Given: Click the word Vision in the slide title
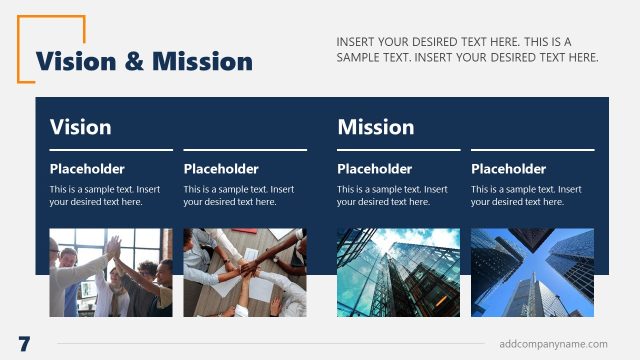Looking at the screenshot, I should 73,62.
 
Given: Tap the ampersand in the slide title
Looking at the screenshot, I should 135,62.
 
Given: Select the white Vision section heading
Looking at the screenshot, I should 80,127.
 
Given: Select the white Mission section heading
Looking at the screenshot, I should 375,127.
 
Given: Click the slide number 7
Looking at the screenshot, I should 24,344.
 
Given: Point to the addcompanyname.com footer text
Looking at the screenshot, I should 553,344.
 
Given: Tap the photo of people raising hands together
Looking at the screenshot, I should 110,272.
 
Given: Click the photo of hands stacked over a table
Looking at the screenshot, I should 244,272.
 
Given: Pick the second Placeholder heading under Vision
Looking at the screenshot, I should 221,169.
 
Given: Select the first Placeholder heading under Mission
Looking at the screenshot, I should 374,169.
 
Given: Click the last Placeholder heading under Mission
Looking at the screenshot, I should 508,169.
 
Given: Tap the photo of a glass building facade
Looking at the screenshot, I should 398,272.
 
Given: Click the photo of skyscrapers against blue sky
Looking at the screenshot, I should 532,272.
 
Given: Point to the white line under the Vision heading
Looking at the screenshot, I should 178,150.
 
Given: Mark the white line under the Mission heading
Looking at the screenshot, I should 465,150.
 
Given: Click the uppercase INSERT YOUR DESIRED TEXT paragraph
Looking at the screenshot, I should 467,49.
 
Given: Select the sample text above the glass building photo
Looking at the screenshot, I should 392,195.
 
